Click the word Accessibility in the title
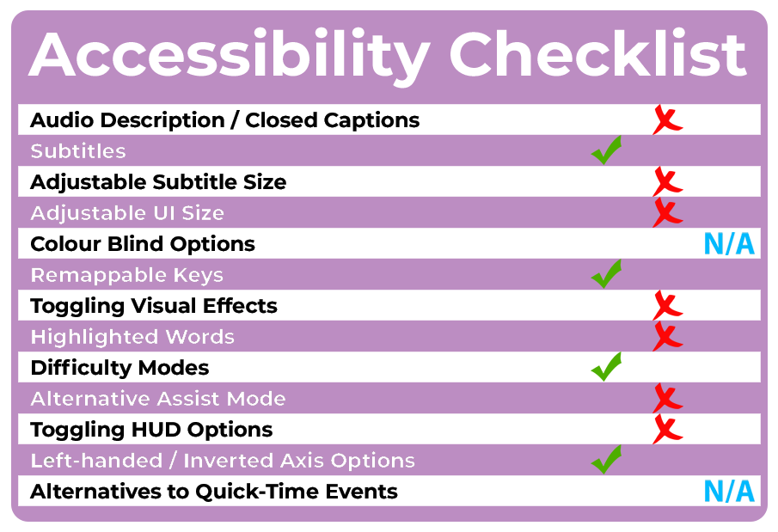230,56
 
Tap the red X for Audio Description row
667,119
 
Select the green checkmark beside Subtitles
606,150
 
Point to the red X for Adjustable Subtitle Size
667,181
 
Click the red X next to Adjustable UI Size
667,212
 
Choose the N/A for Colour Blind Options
729,244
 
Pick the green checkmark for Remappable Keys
606,273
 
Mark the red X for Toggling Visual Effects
667,305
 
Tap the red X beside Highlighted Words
667,336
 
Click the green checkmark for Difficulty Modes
606,367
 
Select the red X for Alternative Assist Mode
667,398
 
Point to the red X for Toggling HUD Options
667,429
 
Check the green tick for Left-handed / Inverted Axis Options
606,460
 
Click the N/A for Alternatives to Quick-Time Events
729,492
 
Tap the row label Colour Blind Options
143,244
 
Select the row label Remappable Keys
127,275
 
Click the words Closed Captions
333,120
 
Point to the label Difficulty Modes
119,368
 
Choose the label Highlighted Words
132,337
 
